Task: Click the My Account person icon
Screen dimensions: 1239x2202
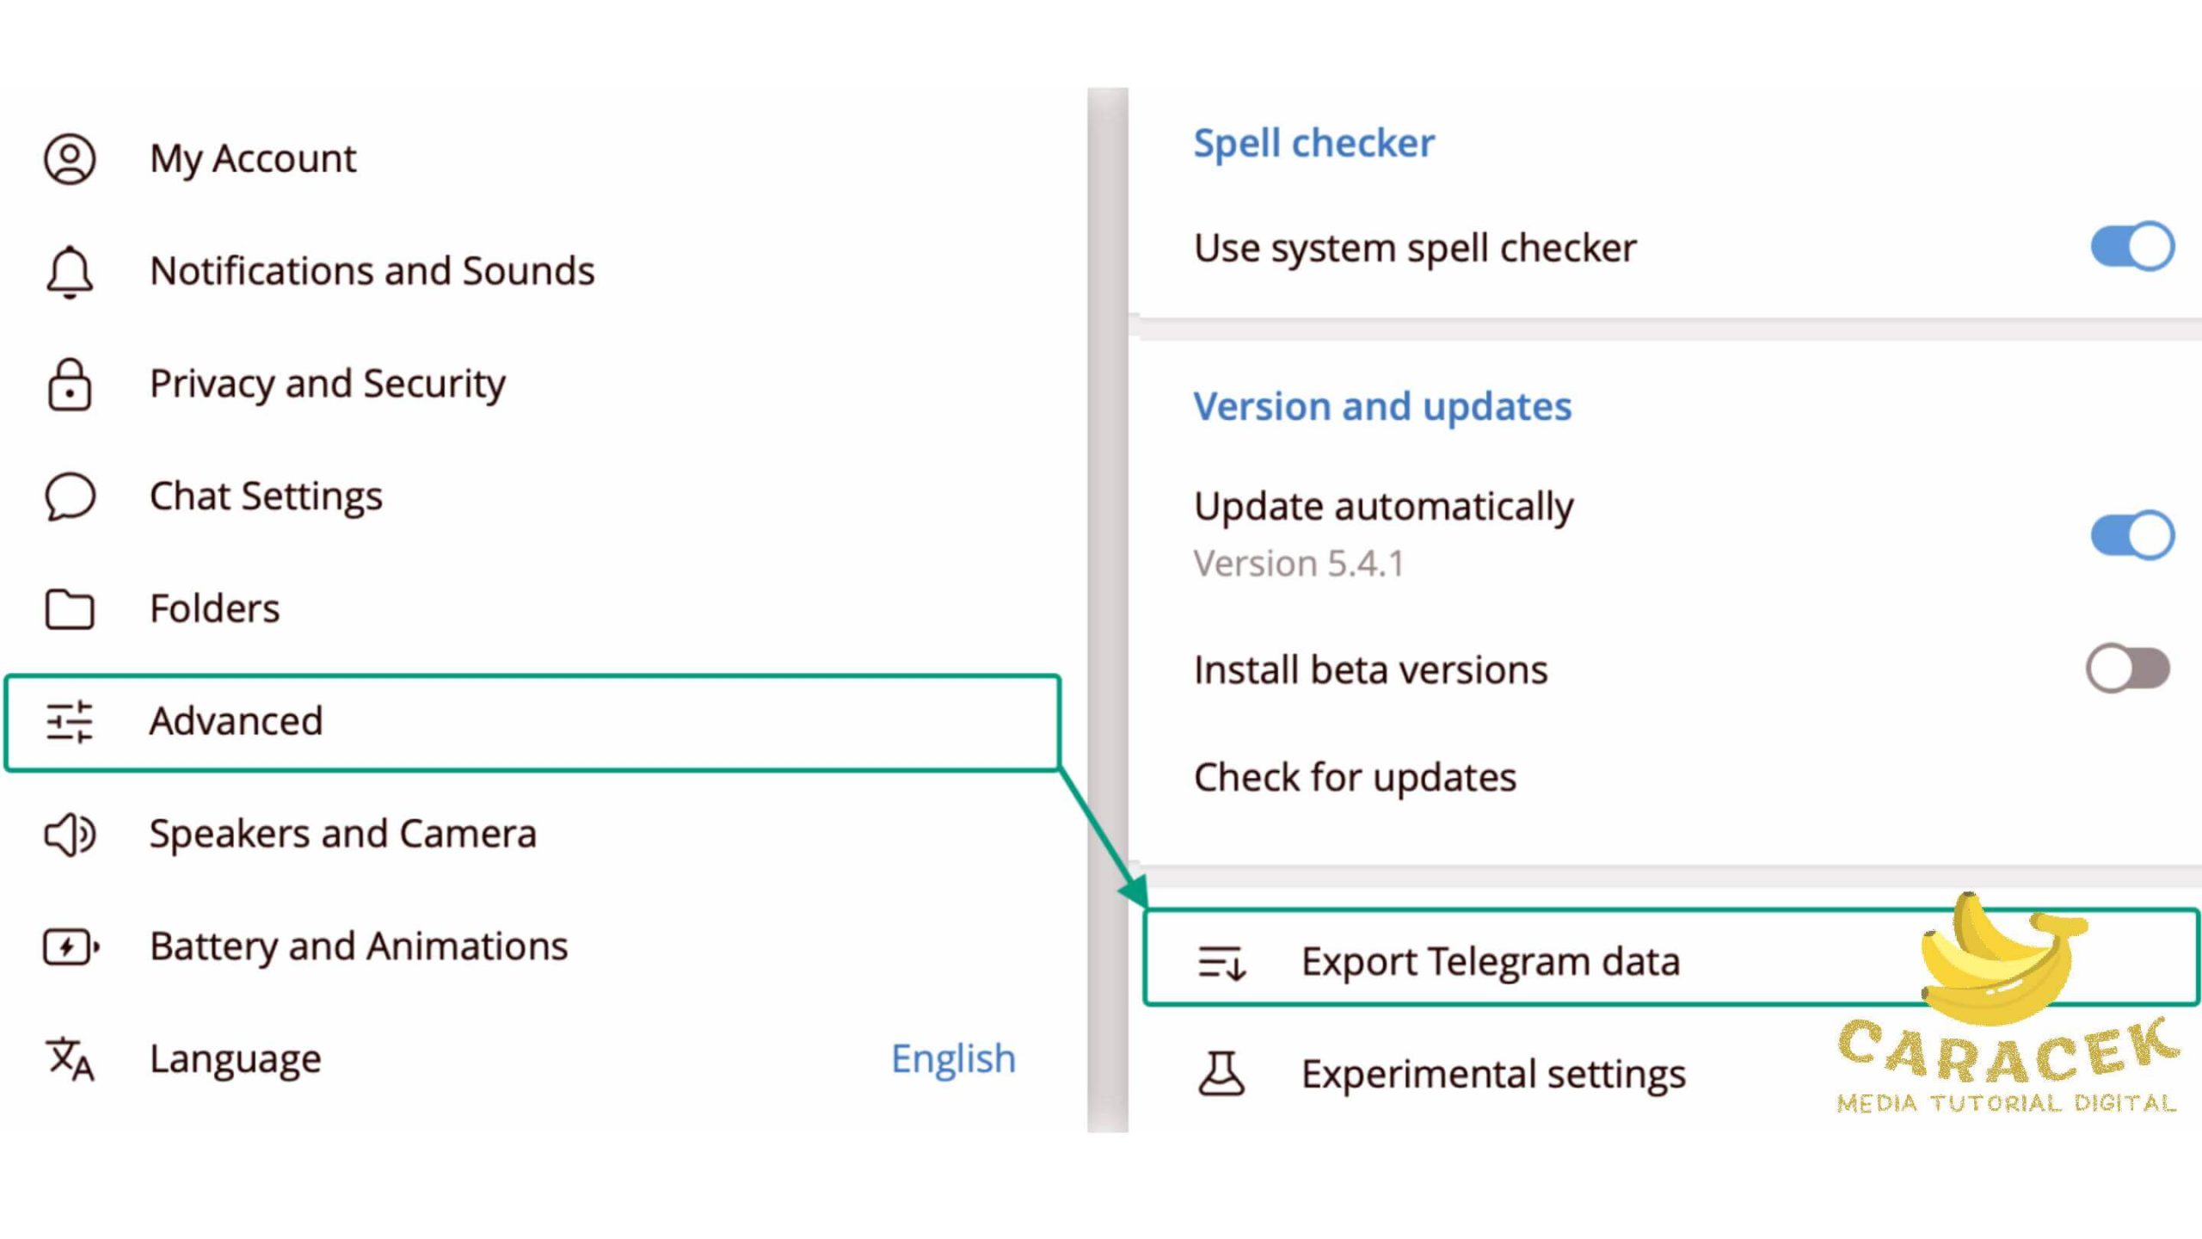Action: point(70,159)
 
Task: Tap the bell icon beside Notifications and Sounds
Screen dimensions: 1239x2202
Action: point(70,272)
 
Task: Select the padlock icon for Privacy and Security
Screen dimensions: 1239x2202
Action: point(70,385)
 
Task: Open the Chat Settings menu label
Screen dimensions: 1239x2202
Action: point(266,496)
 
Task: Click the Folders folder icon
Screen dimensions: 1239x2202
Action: point(70,609)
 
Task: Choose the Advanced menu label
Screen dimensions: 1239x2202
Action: point(236,721)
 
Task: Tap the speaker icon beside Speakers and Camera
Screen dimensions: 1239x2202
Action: point(70,834)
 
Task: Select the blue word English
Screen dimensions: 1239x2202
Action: point(953,1058)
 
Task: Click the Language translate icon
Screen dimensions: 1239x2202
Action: point(70,1059)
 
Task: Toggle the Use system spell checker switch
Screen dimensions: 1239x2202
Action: point(2132,247)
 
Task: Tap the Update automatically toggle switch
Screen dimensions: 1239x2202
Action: point(2132,535)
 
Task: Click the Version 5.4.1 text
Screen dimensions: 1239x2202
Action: point(1299,564)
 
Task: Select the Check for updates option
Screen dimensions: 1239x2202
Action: point(1355,778)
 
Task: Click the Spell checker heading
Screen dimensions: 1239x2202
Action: point(1313,143)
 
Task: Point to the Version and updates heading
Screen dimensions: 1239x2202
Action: point(1382,406)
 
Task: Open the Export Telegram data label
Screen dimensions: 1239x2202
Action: point(1490,961)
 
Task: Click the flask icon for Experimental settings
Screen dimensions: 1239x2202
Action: point(1221,1073)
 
